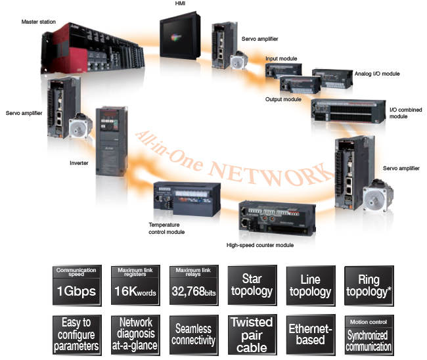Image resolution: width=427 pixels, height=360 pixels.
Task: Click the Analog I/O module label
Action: tap(376, 74)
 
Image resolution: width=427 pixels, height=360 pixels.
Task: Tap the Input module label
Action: tap(281, 58)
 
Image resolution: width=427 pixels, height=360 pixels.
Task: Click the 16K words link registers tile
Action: tap(136, 286)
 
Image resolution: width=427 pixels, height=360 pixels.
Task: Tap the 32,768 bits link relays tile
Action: tap(194, 286)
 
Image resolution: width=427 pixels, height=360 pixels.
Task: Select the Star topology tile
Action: tap(252, 286)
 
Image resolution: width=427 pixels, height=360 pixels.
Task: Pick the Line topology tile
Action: tap(310, 286)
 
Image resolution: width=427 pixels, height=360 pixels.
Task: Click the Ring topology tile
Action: tap(369, 286)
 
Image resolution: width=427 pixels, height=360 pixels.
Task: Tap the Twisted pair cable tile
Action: tap(252, 335)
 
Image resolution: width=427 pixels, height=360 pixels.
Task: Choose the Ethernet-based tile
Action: tap(310, 335)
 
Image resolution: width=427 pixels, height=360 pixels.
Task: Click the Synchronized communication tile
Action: tap(369, 335)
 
